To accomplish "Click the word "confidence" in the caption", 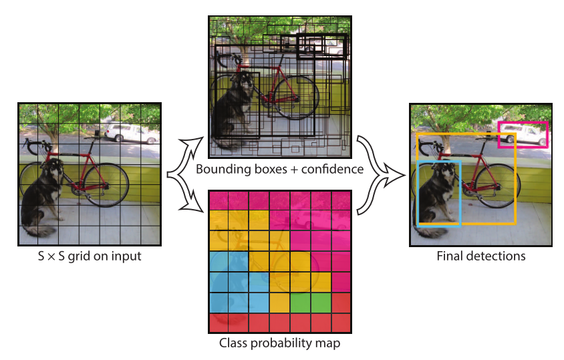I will pyautogui.click(x=330, y=169).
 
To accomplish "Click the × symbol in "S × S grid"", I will pyautogui.click(x=59, y=256).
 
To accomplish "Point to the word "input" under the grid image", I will pyautogui.click(x=125, y=256).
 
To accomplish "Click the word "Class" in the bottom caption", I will pyautogui.click(x=233, y=344).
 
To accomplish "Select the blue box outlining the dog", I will pyautogui.click(x=418, y=194).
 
